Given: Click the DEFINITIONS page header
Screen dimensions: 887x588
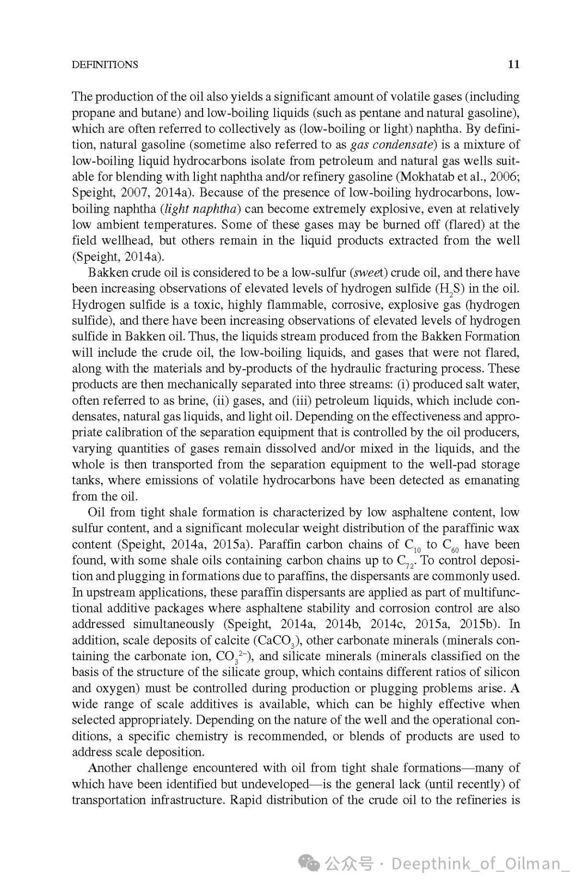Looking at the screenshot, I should pos(105,65).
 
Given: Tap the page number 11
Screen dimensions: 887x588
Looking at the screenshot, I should pos(513,64).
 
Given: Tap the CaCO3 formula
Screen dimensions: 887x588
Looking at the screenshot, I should pos(278,641).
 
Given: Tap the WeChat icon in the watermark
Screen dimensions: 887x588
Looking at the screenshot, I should pos(310,864).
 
